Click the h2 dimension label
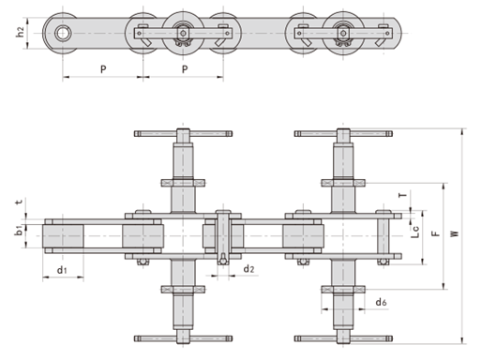pos(20,32)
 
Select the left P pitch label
pos(103,69)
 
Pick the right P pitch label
pos(185,69)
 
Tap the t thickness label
pos(20,202)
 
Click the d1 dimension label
pos(62,269)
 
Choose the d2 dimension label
pos(248,268)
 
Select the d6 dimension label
pos(381,302)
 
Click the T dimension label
pos(403,195)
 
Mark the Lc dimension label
pos(415,232)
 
